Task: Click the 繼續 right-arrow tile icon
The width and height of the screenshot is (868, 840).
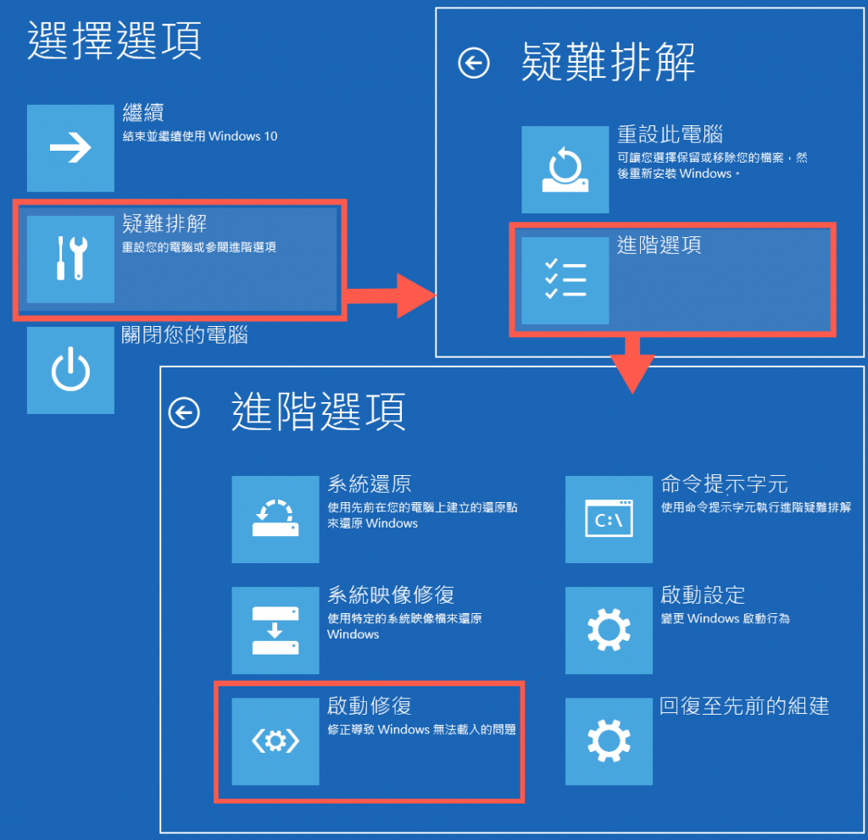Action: [71, 147]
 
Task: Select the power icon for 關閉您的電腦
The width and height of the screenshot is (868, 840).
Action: [71, 370]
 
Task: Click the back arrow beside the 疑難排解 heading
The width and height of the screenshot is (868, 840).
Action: [474, 63]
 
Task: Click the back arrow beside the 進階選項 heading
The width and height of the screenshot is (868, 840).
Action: [184, 412]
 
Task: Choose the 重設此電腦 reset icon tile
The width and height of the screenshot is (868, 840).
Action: [565, 169]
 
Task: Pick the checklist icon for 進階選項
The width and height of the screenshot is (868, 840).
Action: [565, 280]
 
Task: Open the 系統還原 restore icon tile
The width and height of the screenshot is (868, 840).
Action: [275, 519]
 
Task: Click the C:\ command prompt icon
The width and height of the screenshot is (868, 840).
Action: [609, 519]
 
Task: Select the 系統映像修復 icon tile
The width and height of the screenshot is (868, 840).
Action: [275, 630]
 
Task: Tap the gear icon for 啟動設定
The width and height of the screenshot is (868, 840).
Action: [609, 630]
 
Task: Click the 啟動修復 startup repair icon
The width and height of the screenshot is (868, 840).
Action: [275, 741]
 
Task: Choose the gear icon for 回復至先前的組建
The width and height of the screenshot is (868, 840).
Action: [609, 741]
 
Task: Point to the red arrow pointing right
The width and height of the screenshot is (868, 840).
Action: [390, 296]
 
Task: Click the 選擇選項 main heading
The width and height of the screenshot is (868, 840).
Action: [114, 40]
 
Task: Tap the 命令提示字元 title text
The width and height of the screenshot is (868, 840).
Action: [724, 484]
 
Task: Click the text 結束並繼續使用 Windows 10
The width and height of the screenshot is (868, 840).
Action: [200, 136]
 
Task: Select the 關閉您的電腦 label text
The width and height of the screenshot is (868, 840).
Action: [184, 335]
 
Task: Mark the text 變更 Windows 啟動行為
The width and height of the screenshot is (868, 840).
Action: [726, 618]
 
